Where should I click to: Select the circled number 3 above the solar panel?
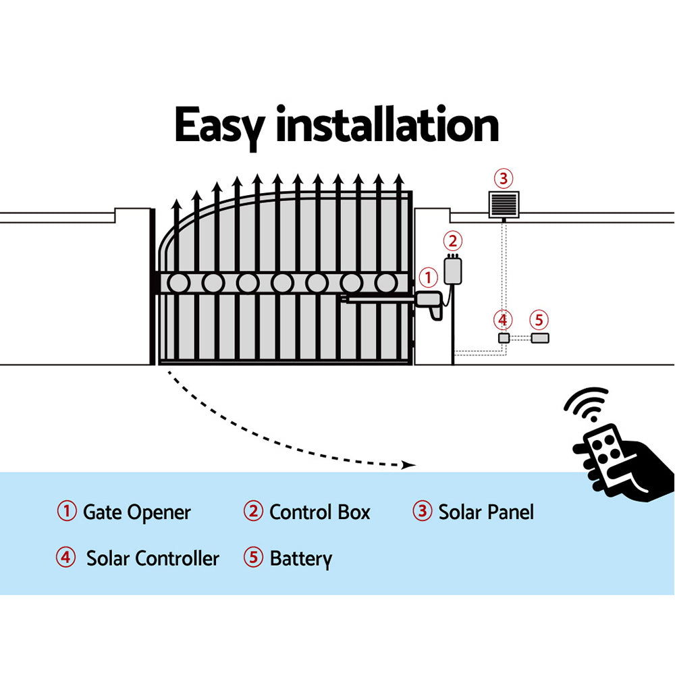pyautogui.click(x=504, y=179)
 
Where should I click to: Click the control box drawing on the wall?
pyautogui.click(x=450, y=270)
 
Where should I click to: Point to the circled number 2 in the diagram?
pyautogui.click(x=453, y=241)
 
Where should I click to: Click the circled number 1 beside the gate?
pyautogui.click(x=428, y=277)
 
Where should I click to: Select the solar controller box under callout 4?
pyautogui.click(x=503, y=338)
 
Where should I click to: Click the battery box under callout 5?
pyautogui.click(x=539, y=338)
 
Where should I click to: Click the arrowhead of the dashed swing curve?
pyautogui.click(x=407, y=464)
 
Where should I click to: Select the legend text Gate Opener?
pyautogui.click(x=136, y=512)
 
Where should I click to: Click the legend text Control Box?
pyautogui.click(x=319, y=512)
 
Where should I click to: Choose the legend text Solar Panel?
pyautogui.click(x=486, y=512)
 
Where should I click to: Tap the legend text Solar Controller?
pyautogui.click(x=153, y=559)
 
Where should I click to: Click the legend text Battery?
pyautogui.click(x=300, y=559)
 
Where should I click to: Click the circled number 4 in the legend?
pyautogui.click(x=66, y=558)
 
